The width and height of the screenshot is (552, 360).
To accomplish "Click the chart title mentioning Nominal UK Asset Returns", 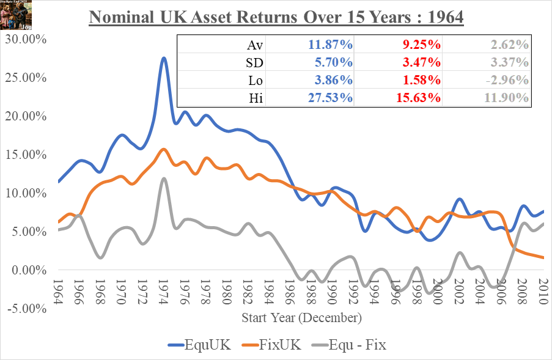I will [x=276, y=16].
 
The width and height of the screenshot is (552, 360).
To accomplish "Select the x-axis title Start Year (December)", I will [x=301, y=318].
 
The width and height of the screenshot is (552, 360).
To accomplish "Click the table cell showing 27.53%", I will [x=329, y=98].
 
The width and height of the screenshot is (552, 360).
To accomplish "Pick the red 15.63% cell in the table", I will [x=418, y=98].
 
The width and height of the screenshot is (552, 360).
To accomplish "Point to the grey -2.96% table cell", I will [x=506, y=80].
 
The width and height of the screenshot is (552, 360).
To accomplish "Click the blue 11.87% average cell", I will [x=329, y=45].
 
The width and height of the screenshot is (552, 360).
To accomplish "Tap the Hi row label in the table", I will [x=256, y=98].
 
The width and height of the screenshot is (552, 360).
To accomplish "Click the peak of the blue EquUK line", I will [x=164, y=58].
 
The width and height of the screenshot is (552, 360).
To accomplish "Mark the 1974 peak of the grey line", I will [x=164, y=178].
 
